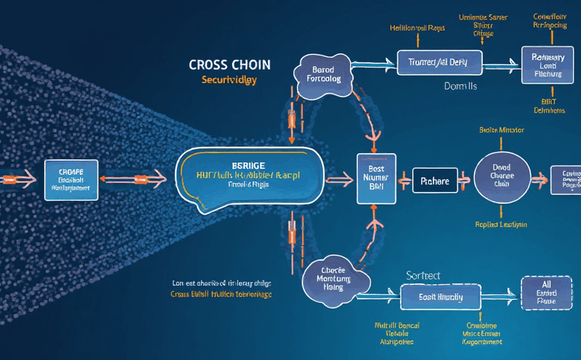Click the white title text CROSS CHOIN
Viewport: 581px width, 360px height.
(229, 65)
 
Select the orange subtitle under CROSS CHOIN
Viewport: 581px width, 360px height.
(229, 81)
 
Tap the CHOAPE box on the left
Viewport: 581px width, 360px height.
(70, 179)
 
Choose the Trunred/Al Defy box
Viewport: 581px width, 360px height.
(432, 63)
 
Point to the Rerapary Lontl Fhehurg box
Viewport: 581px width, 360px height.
(547, 66)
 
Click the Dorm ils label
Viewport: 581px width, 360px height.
(460, 86)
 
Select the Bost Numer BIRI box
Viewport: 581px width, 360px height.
(375, 177)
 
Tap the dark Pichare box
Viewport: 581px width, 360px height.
(435, 181)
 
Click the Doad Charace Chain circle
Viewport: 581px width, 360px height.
(501, 176)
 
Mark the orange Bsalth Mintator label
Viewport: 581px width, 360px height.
(501, 131)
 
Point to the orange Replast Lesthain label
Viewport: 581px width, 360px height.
(501, 224)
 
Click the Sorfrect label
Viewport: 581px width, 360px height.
(423, 276)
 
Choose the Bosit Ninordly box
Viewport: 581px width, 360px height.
(440, 297)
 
